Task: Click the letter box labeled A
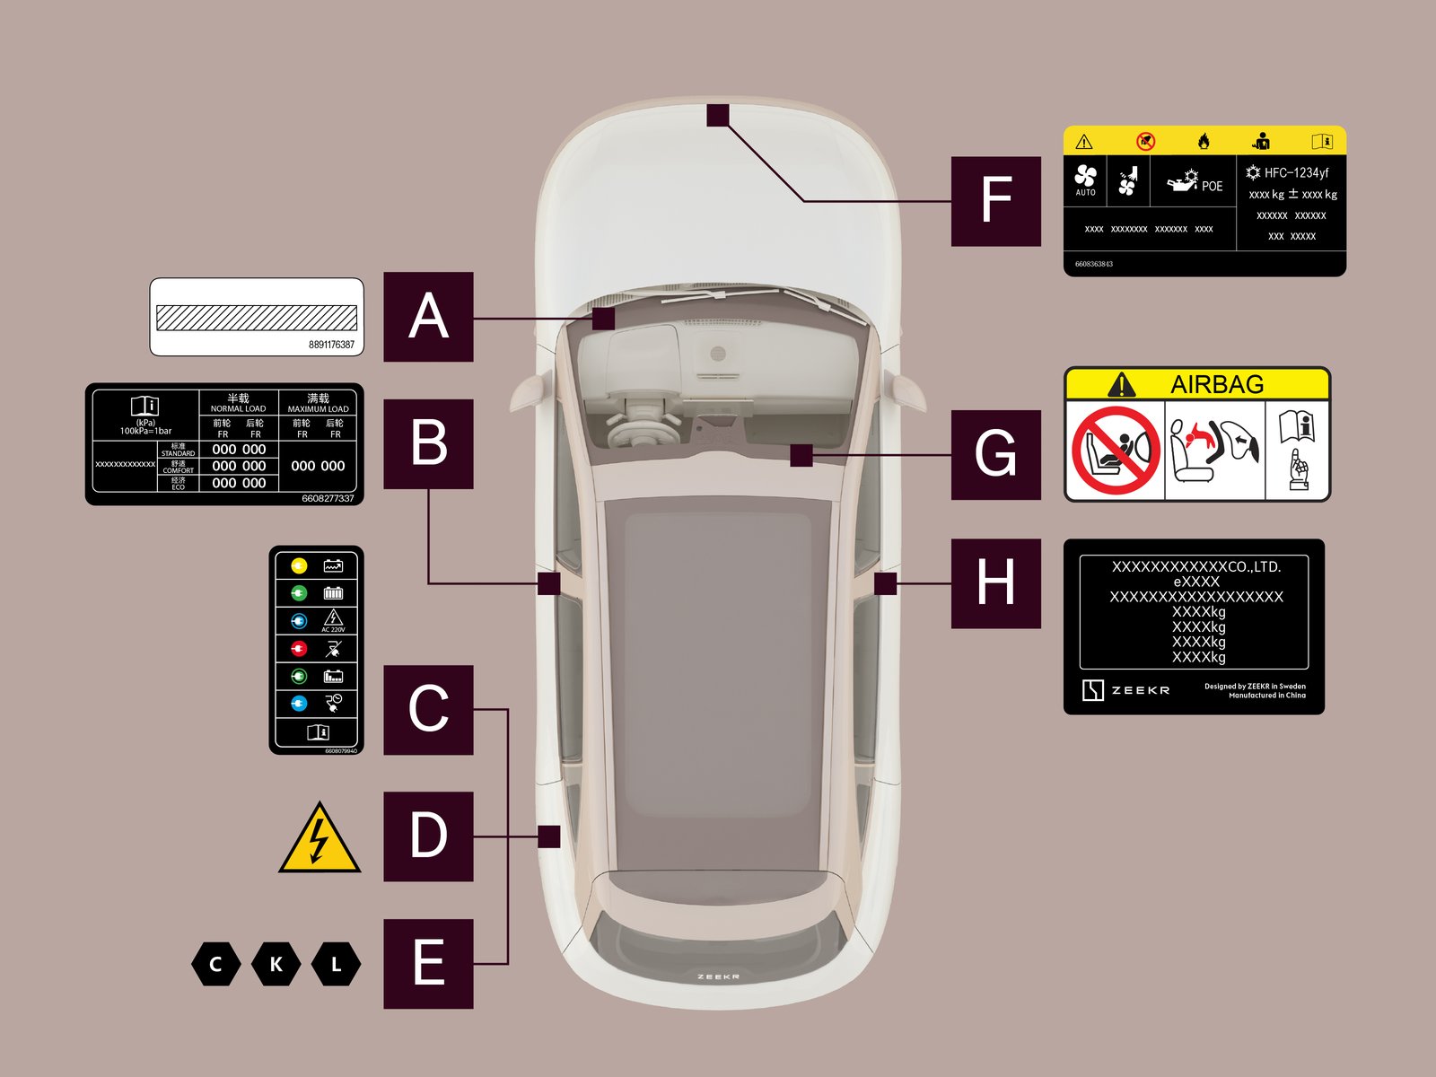(428, 317)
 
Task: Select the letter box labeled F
(995, 201)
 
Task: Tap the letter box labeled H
(995, 583)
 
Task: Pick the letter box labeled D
(428, 836)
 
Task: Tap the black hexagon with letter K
(276, 965)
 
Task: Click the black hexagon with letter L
(336, 965)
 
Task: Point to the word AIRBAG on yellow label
(1216, 385)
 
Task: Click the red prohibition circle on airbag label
(1115, 451)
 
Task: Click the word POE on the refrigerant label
(1212, 186)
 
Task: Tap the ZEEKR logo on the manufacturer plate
(1126, 690)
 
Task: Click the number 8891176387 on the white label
(331, 345)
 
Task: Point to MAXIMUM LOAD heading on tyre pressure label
(318, 409)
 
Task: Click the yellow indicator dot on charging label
(299, 565)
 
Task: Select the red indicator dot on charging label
(299, 648)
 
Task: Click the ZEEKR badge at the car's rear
(718, 976)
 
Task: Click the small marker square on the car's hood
(717, 115)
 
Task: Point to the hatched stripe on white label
(256, 317)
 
